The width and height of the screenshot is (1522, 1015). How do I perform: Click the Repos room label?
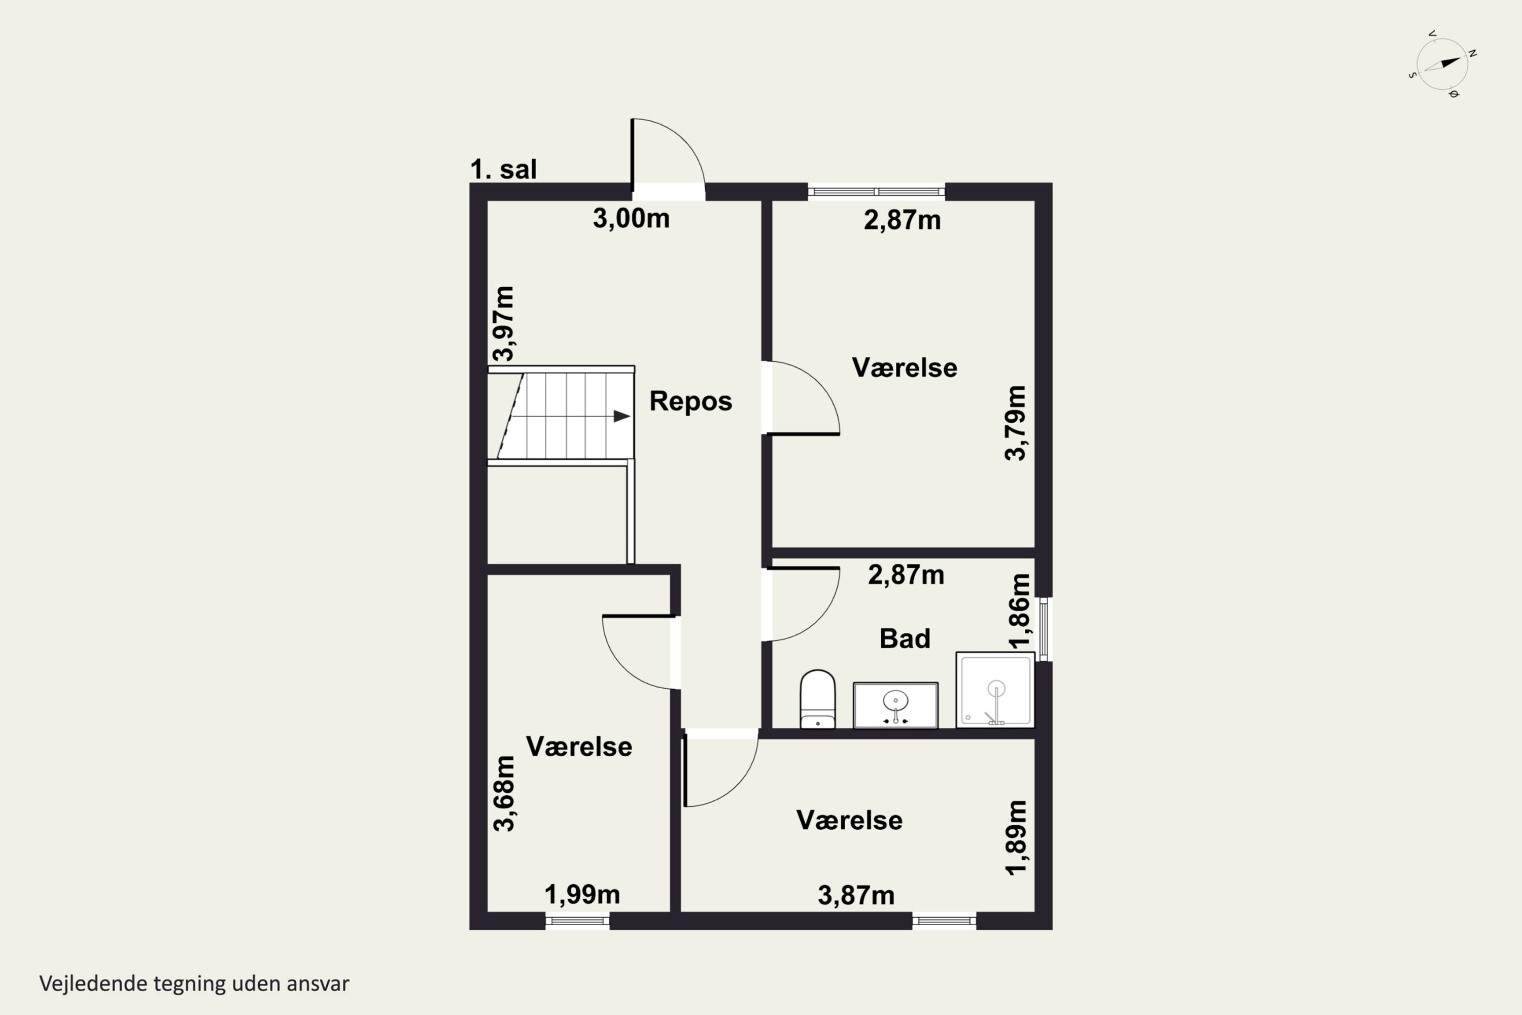tap(690, 401)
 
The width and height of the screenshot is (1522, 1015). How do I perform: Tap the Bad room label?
tap(905, 639)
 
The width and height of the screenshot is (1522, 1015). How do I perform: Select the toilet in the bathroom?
tap(818, 700)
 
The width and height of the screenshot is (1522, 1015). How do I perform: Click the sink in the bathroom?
tap(895, 705)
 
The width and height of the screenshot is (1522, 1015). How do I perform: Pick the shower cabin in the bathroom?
tap(995, 690)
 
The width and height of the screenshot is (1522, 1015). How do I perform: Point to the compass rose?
tap(1442, 64)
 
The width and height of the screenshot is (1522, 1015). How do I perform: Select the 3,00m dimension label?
tap(631, 219)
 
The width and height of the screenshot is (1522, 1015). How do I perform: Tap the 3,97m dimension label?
tap(503, 323)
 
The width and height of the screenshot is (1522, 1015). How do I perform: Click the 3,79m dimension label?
tap(1015, 423)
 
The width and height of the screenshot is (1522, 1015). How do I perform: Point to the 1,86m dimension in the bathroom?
tap(1019, 611)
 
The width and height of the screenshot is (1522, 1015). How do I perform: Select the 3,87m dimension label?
tap(856, 896)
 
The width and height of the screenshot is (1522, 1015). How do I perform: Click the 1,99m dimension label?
tap(582, 895)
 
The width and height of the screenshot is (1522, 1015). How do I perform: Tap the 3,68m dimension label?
tap(503, 793)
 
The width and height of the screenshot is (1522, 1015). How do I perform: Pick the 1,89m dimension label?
tap(1015, 838)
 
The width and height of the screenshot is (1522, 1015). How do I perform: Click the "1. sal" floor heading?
tap(503, 170)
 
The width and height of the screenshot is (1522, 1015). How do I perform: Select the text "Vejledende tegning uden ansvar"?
tap(194, 984)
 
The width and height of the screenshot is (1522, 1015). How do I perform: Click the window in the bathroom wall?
tap(1043, 629)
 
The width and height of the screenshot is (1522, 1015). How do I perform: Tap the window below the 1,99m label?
tap(577, 921)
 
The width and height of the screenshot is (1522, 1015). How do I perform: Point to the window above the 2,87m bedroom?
tap(876, 192)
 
